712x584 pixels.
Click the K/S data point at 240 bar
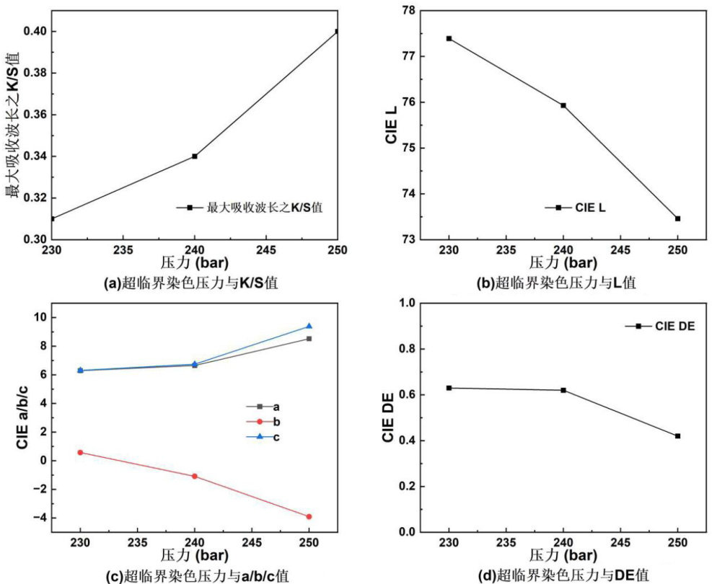coord(195,156)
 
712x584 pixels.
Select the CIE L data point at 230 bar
coord(449,38)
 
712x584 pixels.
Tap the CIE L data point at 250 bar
coord(677,218)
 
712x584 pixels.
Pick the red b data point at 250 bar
coord(309,516)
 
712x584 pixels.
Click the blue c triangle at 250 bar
coord(309,327)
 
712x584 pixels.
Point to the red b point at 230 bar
coord(80,452)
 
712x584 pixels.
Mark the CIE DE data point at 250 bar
coord(677,435)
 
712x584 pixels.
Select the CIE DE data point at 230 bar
coord(449,388)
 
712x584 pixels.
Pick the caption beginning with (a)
coord(191,283)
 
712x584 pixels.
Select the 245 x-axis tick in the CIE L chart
coord(620,249)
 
